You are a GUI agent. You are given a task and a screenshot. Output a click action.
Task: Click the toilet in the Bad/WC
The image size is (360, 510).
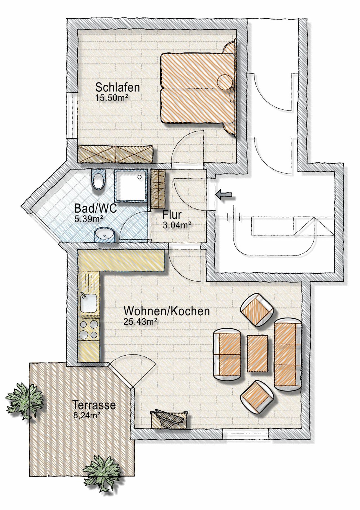pos(98,180)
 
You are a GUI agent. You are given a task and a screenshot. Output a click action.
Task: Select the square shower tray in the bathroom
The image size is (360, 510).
pos(131,186)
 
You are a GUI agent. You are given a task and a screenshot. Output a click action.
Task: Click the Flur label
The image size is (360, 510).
pos(172,215)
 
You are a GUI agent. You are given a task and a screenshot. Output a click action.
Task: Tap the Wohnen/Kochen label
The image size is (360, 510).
pos(167,311)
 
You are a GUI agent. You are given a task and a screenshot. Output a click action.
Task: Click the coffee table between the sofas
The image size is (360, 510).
pos(257,353)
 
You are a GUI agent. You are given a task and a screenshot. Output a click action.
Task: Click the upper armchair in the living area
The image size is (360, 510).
pos(257,309)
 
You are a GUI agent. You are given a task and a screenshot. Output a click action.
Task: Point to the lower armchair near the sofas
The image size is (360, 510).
pos(257,397)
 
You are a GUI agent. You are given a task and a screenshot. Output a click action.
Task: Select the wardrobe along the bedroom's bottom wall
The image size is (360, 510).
pos(115,154)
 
